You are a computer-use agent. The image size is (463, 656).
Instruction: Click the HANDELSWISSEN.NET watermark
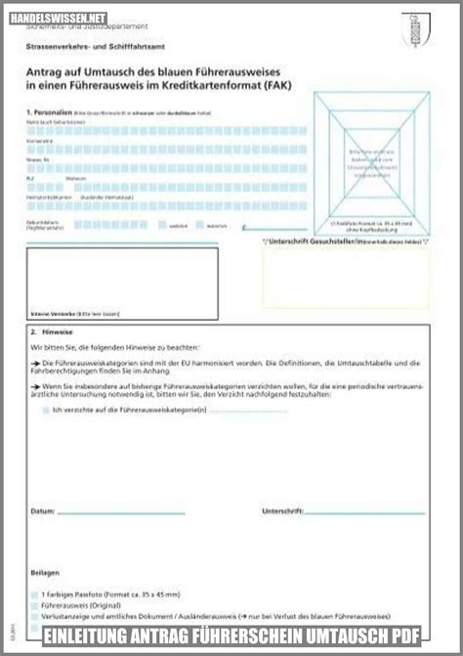click(60, 18)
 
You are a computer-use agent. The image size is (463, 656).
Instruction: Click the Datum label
click(42, 511)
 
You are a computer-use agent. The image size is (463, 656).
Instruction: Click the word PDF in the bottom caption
click(401, 636)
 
